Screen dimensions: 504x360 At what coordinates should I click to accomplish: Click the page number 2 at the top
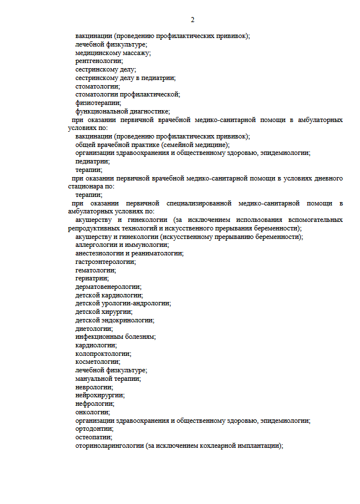pos(192,20)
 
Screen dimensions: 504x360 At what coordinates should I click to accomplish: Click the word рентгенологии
pos(99,61)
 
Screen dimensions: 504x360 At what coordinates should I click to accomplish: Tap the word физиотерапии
pos(98,103)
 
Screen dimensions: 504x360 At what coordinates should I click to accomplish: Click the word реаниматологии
pos(153,253)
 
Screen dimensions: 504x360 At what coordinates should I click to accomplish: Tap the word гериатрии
pos(92,278)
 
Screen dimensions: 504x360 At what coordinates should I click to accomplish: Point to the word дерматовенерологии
pos(108,287)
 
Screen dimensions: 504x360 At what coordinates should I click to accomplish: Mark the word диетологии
pos(94,329)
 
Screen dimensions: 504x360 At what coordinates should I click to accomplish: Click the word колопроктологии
pos(103,354)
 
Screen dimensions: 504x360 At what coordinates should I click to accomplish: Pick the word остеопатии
pos(93,438)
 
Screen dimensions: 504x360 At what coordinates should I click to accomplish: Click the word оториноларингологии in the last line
pos(110,446)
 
